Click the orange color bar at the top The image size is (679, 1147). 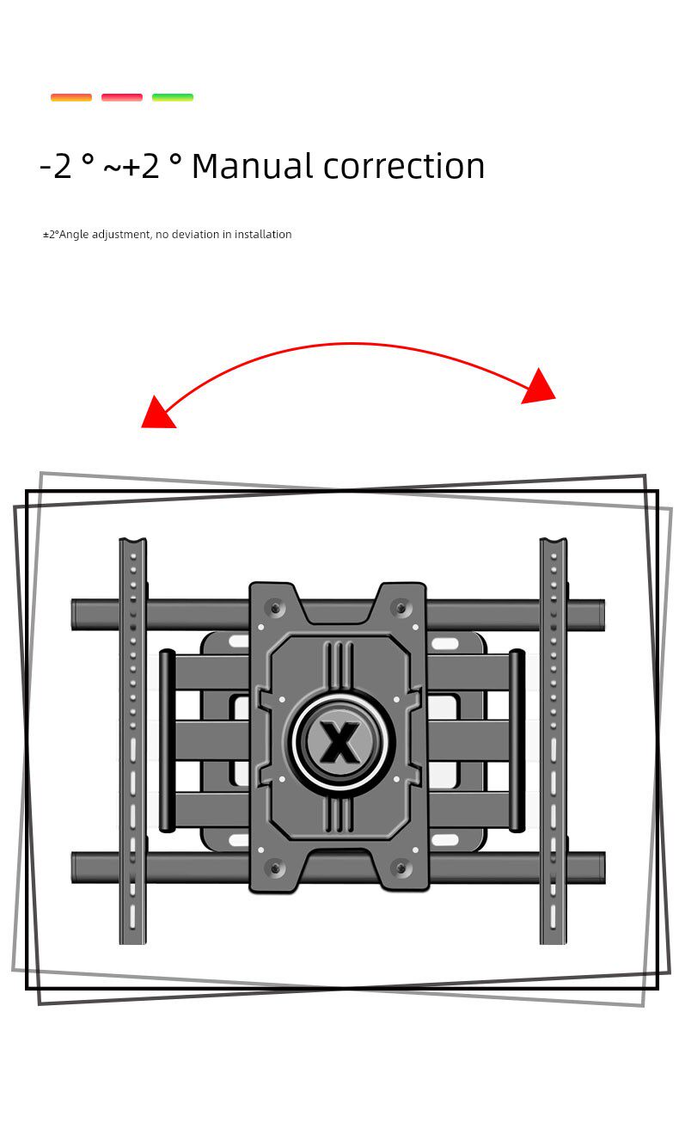pos(71,97)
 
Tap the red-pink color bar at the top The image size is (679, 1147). pos(122,97)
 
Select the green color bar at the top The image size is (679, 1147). pos(173,97)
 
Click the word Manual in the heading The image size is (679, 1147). pos(253,166)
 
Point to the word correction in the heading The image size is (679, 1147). pos(404,166)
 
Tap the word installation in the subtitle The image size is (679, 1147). pos(263,235)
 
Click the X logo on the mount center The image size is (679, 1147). pos(340,742)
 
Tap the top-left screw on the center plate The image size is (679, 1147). pos(276,608)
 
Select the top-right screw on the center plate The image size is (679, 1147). pos(400,608)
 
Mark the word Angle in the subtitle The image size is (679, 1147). pos(74,235)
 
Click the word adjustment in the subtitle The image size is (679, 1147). pos(121,235)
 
